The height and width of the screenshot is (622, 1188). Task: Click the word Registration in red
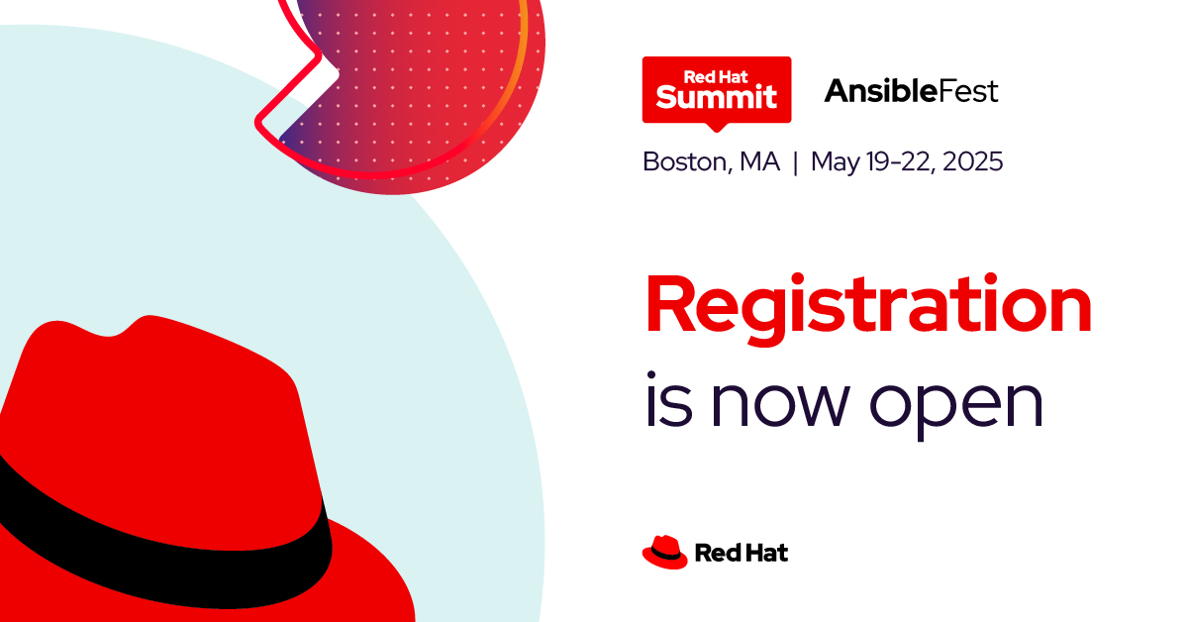[x=868, y=309]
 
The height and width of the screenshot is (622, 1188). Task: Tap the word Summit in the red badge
[x=716, y=97]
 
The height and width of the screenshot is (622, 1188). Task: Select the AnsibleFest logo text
[x=911, y=91]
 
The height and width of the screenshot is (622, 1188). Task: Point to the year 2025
[x=972, y=161]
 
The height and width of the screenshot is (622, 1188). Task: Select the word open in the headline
[x=956, y=406]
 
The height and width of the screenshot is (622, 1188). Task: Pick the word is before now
[x=669, y=398]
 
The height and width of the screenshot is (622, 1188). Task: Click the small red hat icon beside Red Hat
[x=665, y=553]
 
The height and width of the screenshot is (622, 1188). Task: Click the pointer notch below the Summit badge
[x=717, y=128]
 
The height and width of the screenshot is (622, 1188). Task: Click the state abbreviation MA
[x=759, y=161]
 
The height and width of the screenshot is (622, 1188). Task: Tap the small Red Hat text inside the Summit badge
[x=716, y=77]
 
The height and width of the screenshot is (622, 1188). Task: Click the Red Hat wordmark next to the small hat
[x=742, y=553]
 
